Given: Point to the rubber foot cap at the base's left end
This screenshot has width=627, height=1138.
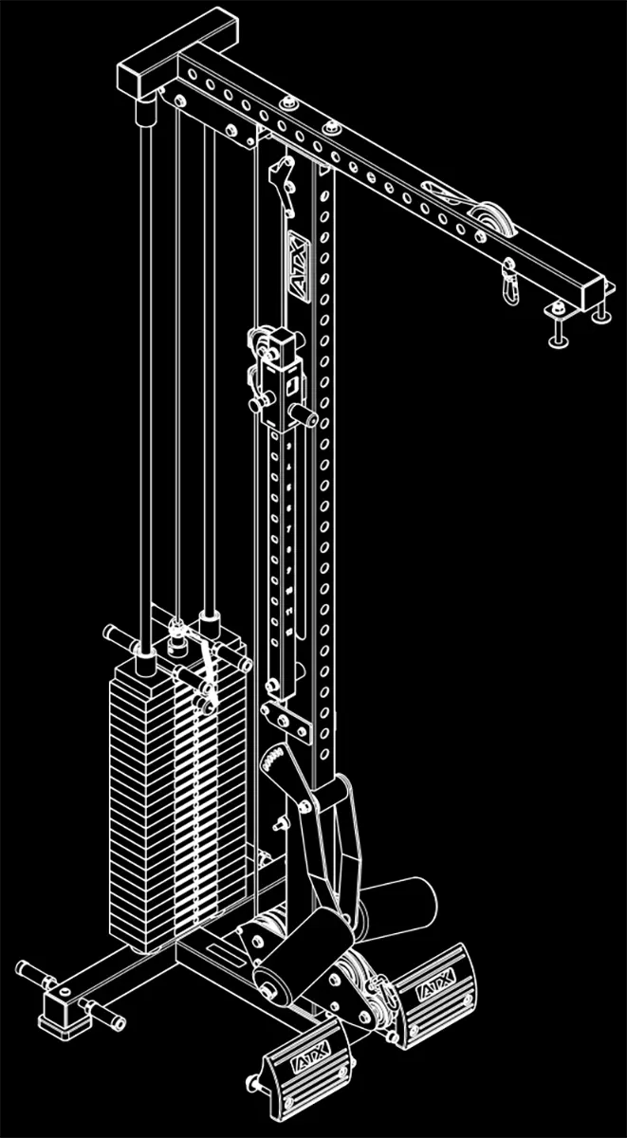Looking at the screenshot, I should click(x=57, y=1007).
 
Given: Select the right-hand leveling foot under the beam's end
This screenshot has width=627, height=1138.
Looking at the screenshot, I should click(x=600, y=312).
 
